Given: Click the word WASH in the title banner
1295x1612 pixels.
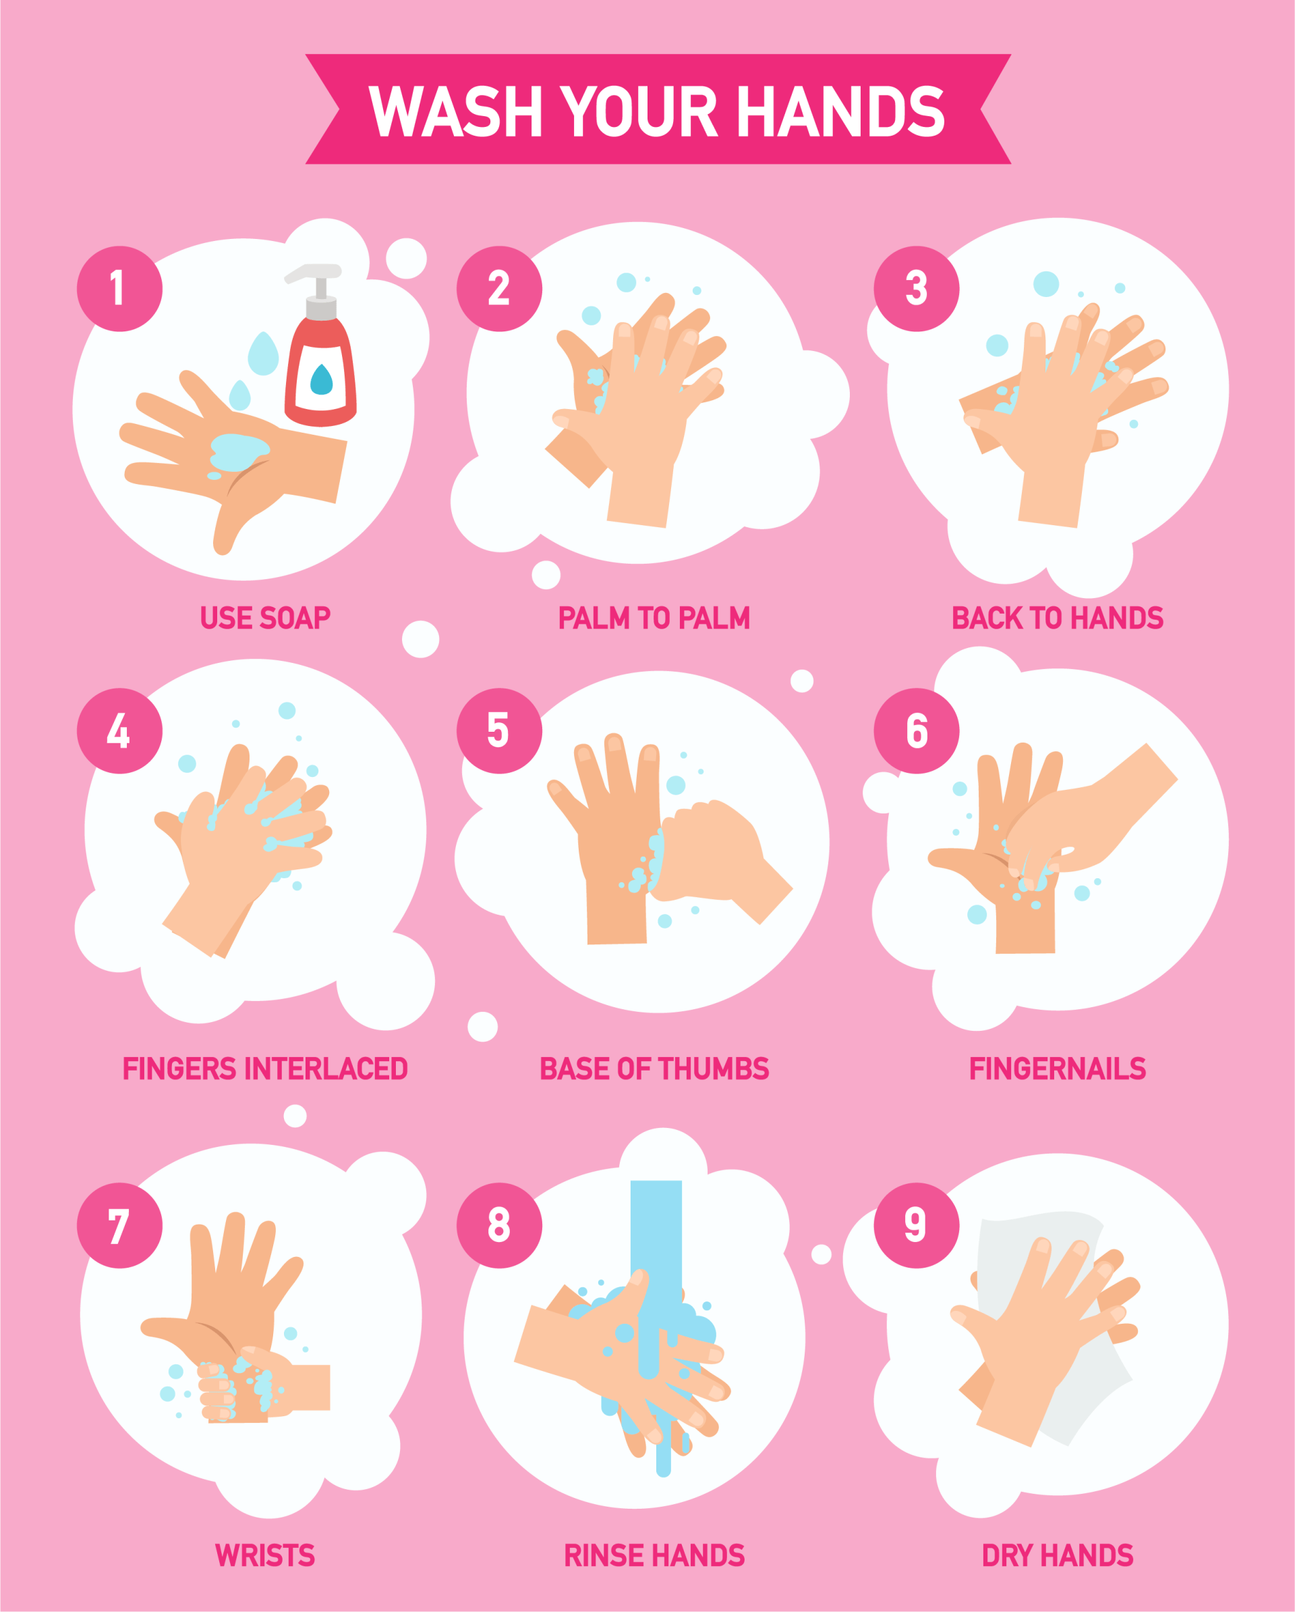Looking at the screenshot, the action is [456, 111].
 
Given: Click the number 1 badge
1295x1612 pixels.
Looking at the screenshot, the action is [119, 289].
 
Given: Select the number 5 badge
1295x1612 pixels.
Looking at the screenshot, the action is [499, 730].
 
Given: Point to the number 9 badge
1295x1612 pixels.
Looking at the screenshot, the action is [916, 1225].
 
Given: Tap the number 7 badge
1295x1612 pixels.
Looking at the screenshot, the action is [119, 1225].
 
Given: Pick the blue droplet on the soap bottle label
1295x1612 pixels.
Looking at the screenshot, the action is [321, 379].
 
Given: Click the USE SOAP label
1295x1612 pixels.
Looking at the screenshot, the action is [265, 618].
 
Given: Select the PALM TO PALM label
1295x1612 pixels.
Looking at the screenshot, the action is [654, 618].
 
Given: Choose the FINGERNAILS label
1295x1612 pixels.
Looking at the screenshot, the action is [1058, 1069].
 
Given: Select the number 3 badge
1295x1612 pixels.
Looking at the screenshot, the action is [916, 289].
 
